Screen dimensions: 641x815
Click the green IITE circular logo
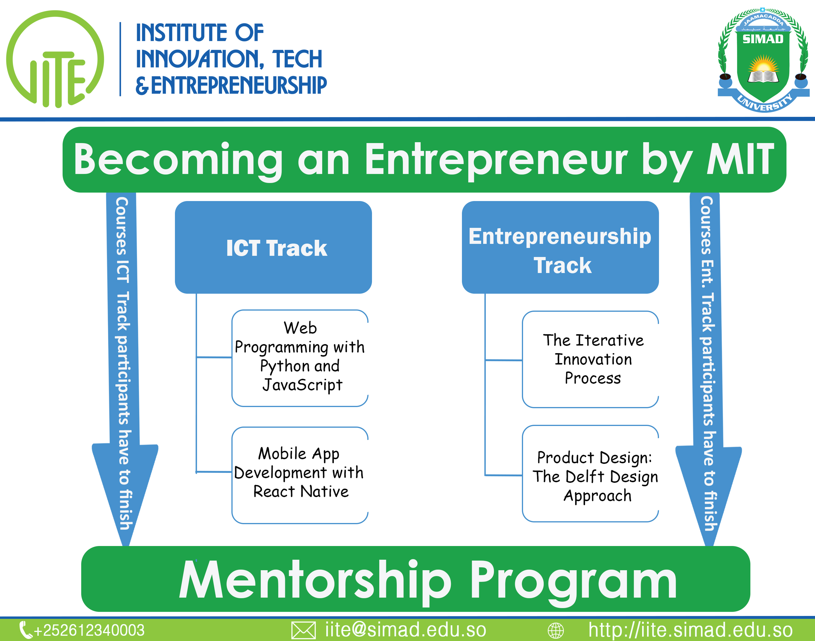(x=55, y=59)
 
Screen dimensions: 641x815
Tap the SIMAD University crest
(x=763, y=60)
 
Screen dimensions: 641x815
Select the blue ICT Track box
(x=273, y=247)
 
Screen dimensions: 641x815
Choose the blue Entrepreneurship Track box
(x=560, y=247)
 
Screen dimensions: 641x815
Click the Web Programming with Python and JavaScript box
(x=300, y=358)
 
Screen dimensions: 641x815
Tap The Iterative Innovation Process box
(x=591, y=359)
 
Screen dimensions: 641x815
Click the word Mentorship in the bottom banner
(x=315, y=581)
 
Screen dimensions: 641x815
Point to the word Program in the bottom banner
(x=574, y=581)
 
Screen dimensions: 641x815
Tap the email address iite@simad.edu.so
(x=406, y=629)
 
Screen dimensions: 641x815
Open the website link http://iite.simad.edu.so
(x=690, y=629)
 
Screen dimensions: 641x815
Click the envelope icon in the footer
(x=303, y=631)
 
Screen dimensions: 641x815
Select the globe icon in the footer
(x=556, y=631)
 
